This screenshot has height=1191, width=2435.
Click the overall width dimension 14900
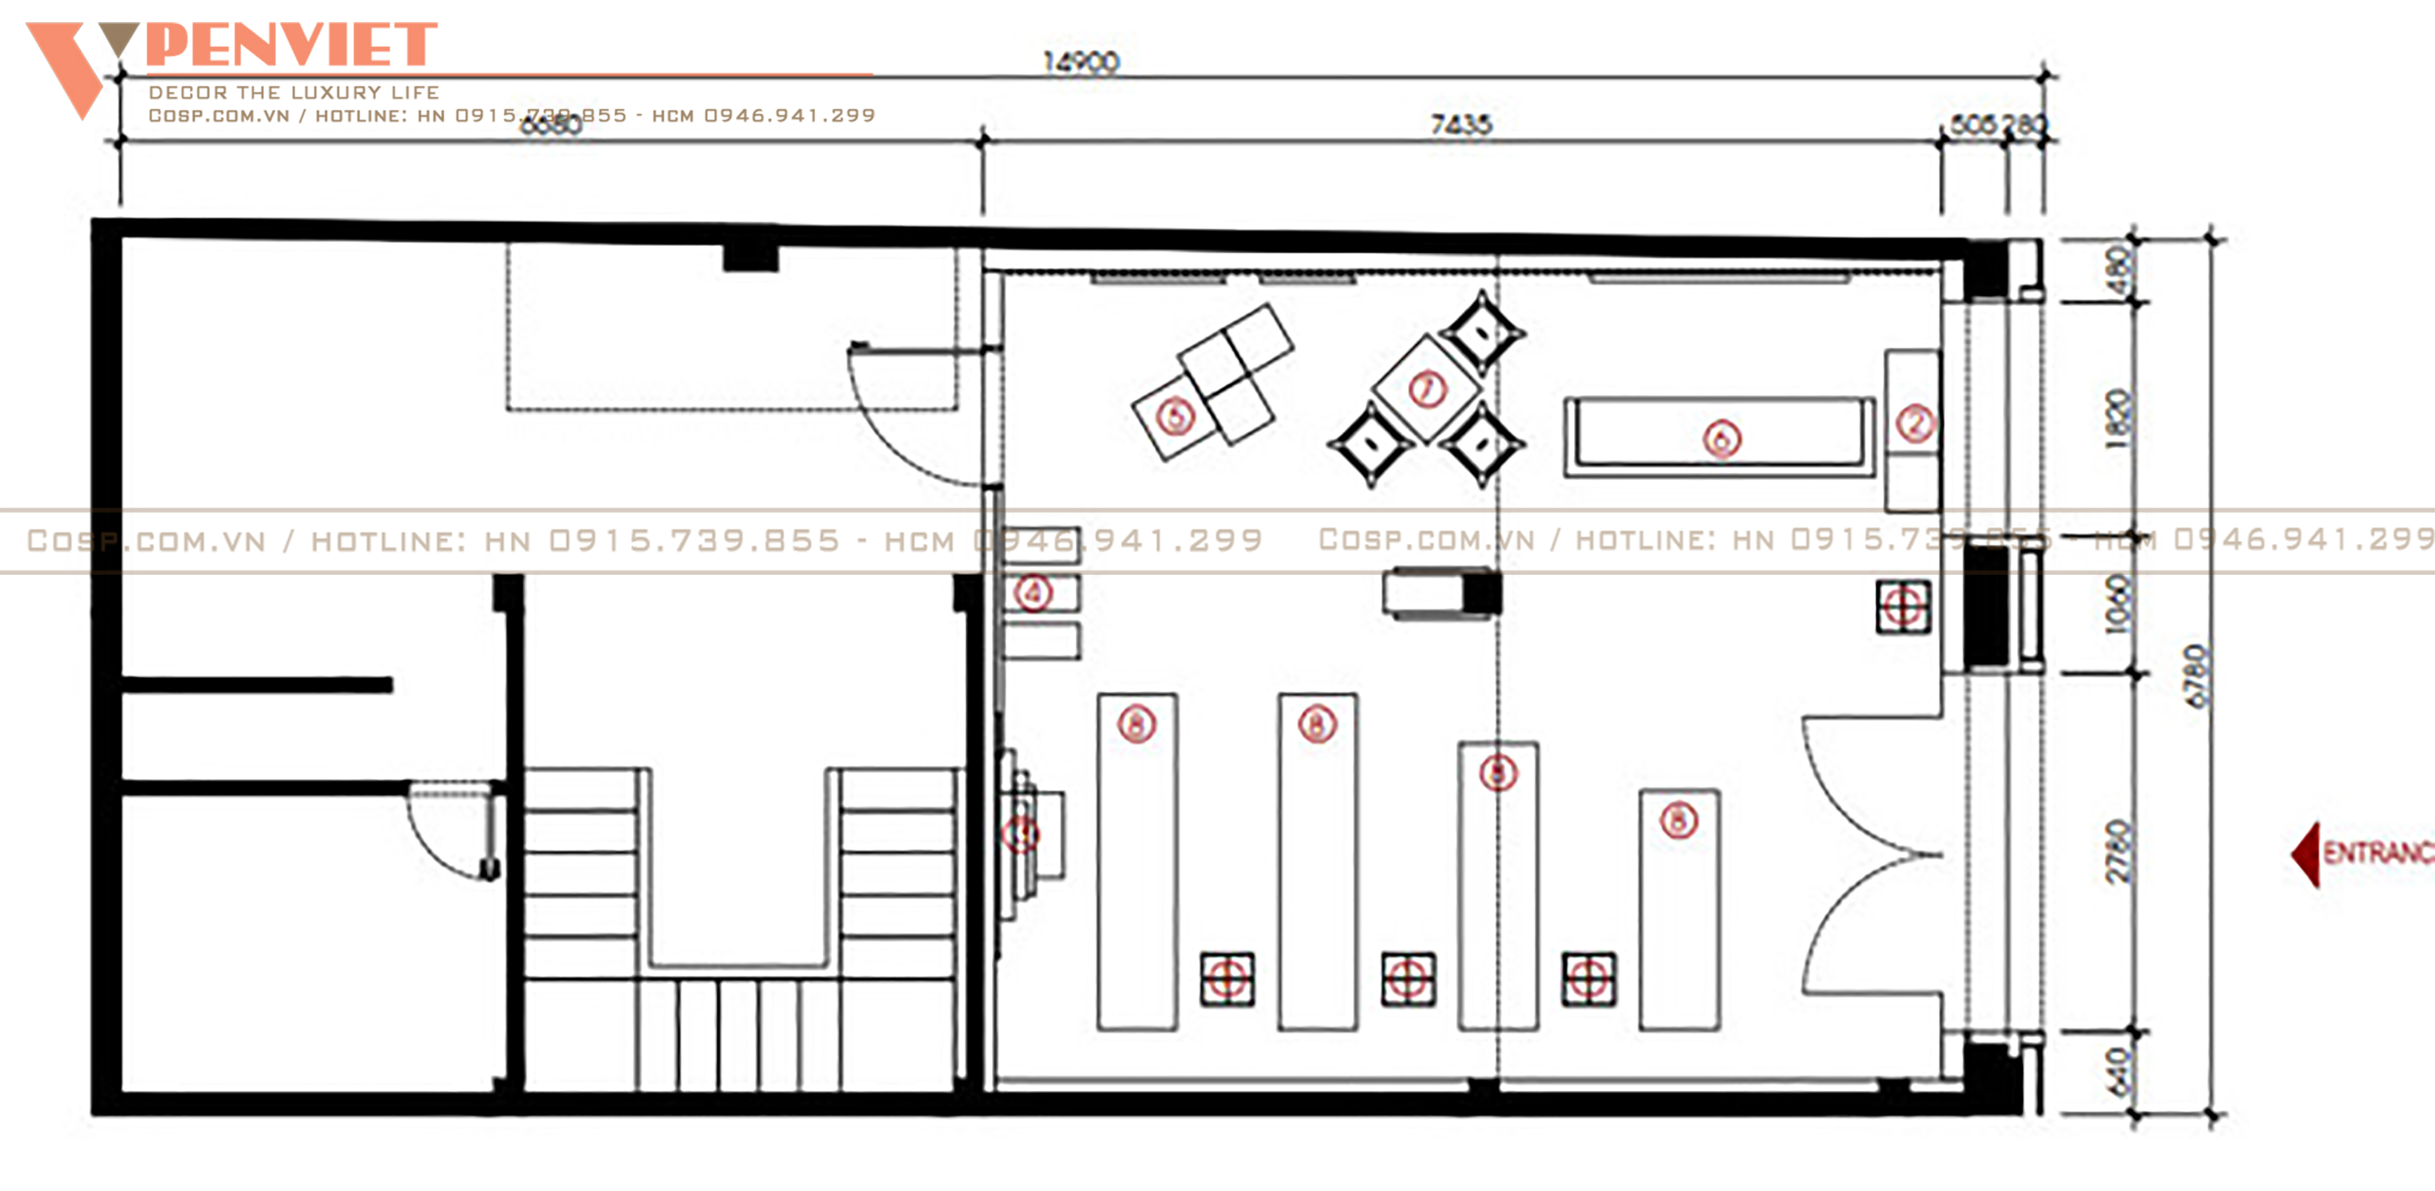click(x=1081, y=62)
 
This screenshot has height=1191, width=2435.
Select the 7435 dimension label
click(x=1460, y=124)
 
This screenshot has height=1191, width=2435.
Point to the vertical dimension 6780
click(x=2198, y=675)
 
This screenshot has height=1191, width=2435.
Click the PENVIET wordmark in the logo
click(x=291, y=46)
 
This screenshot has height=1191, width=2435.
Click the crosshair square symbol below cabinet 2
click(x=1903, y=606)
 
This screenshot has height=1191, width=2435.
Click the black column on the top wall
click(x=751, y=257)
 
